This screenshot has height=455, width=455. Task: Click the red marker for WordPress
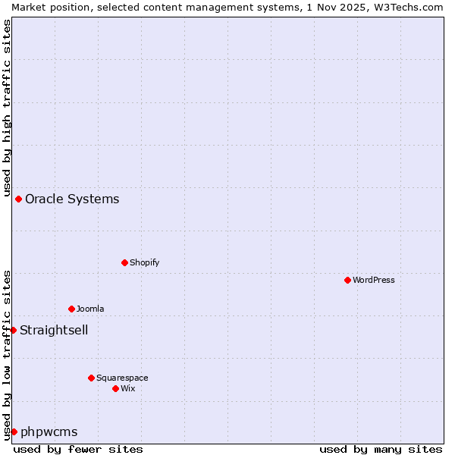click(x=347, y=280)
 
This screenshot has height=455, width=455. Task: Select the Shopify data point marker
click(x=124, y=262)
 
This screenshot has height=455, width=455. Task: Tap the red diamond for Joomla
click(x=71, y=309)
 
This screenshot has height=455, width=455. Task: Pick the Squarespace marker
click(x=91, y=378)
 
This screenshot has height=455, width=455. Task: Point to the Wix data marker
click(x=115, y=388)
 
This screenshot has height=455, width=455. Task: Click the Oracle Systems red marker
click(x=18, y=199)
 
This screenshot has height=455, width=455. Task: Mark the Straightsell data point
click(x=13, y=330)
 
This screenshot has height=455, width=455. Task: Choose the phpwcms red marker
click(x=14, y=431)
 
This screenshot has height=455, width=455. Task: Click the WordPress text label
click(x=373, y=280)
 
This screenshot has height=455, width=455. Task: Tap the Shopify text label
click(x=144, y=262)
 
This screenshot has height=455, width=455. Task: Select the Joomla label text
click(x=90, y=309)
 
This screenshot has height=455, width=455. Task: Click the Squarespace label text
click(x=122, y=378)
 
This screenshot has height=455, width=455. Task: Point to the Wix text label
click(x=128, y=388)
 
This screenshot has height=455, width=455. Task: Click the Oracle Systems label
click(x=72, y=199)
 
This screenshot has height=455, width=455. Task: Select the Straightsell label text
click(x=54, y=330)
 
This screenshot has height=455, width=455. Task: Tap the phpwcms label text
click(x=49, y=431)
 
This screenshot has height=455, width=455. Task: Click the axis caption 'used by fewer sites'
click(x=78, y=449)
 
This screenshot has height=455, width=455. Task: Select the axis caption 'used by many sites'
click(x=381, y=449)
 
